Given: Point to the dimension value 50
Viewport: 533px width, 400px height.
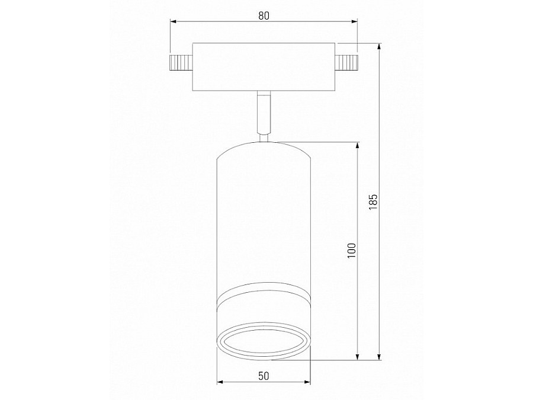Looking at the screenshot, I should point(264,376).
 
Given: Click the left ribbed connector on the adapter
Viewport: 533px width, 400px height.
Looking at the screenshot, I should point(181,62).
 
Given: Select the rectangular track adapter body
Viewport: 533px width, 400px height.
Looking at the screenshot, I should point(264,66).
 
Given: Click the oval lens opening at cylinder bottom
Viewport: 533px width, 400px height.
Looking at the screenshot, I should point(264,342).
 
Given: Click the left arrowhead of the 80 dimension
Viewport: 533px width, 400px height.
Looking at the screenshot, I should point(173,23).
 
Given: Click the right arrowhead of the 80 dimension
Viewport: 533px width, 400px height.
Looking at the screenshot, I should point(355,23).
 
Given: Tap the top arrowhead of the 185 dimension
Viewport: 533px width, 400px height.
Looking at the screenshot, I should point(380,46).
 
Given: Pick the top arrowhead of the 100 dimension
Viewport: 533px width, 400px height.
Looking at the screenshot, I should point(358,145).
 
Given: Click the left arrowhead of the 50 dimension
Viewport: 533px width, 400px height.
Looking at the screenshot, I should point(219,382).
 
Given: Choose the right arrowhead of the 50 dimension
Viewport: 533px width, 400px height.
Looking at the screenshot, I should point(309,382).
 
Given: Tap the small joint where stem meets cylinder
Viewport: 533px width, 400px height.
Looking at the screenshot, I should point(264,138).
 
